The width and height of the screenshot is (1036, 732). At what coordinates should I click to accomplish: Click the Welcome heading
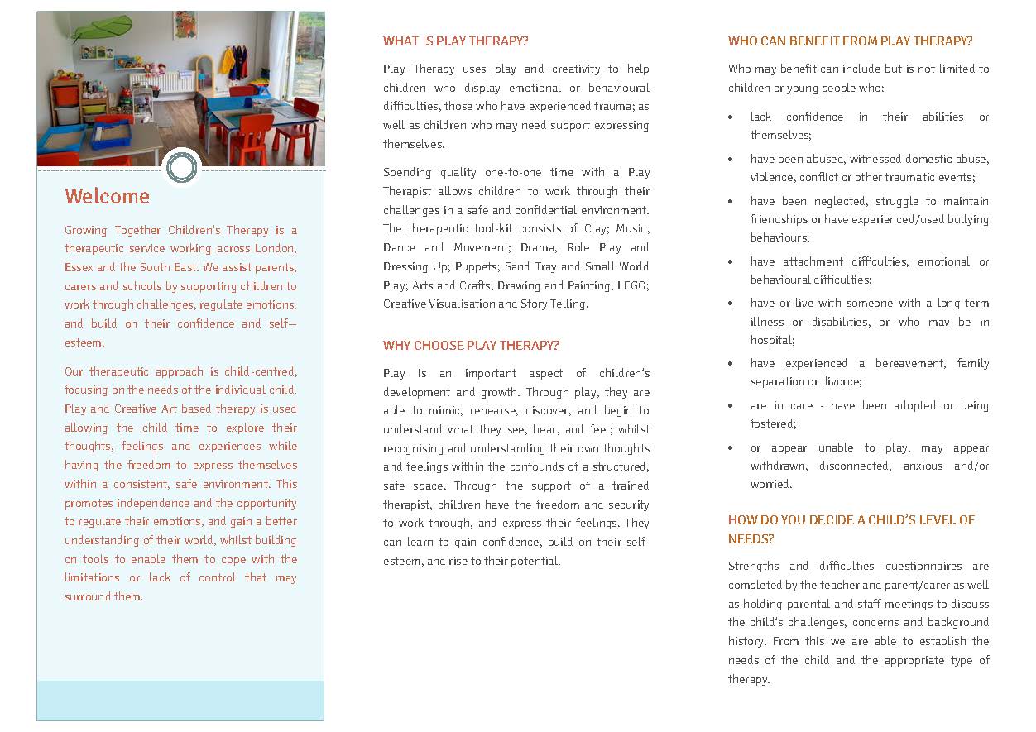(108, 197)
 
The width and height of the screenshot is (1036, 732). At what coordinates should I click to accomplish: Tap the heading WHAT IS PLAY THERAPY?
(455, 41)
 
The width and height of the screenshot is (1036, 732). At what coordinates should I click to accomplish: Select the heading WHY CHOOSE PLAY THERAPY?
(471, 346)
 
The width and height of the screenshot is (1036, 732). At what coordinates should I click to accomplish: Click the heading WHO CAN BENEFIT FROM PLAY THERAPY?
(850, 41)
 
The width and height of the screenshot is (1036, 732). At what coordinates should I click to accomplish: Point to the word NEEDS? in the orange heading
(751, 538)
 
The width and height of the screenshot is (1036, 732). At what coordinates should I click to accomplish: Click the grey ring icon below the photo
(181, 168)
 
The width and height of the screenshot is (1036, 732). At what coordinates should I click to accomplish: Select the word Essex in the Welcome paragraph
(79, 268)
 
